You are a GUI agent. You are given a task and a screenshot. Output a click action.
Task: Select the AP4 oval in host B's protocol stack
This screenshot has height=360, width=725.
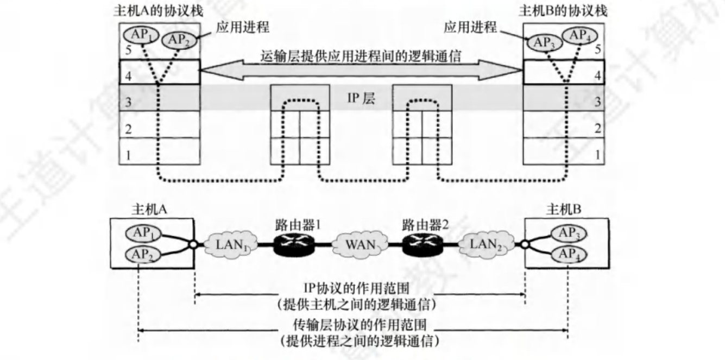pos(579,36)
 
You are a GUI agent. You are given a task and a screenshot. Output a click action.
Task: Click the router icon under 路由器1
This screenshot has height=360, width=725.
pos(292,246)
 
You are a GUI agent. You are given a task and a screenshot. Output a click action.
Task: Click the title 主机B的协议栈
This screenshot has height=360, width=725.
pos(563,10)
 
